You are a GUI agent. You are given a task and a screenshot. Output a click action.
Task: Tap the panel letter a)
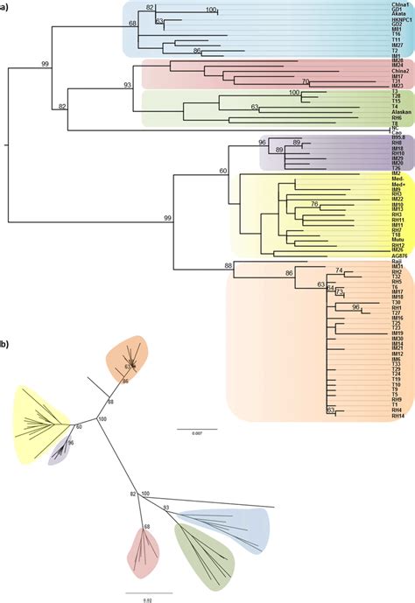[6, 7]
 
